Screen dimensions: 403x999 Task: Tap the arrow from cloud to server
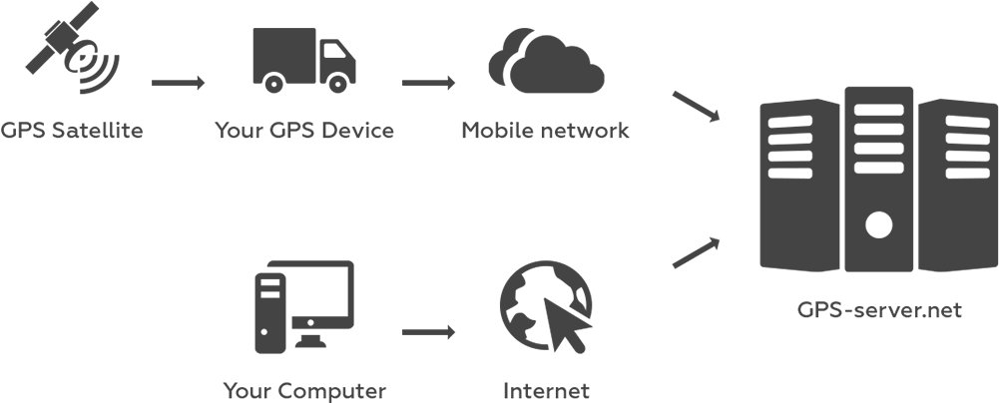tap(696, 107)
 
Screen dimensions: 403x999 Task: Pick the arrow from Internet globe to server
tap(696, 253)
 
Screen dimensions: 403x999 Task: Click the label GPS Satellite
tap(72, 131)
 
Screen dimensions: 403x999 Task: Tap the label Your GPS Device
tap(304, 131)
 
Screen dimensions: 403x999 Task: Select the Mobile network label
tap(545, 131)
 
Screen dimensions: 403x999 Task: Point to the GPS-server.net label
tap(879, 310)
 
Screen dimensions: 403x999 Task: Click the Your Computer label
tap(304, 390)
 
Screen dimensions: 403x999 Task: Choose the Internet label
tap(546, 390)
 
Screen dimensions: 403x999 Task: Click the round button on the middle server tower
tap(878, 224)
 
